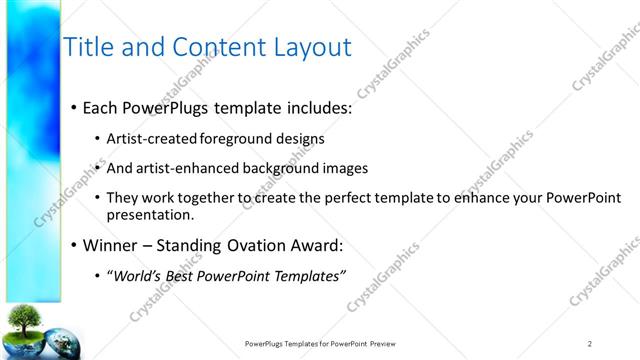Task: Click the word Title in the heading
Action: [x=86, y=47]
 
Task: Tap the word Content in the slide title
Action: [x=212, y=47]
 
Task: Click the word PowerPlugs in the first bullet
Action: [x=169, y=107]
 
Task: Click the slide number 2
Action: [x=590, y=343]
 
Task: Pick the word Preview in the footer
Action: [x=389, y=343]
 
